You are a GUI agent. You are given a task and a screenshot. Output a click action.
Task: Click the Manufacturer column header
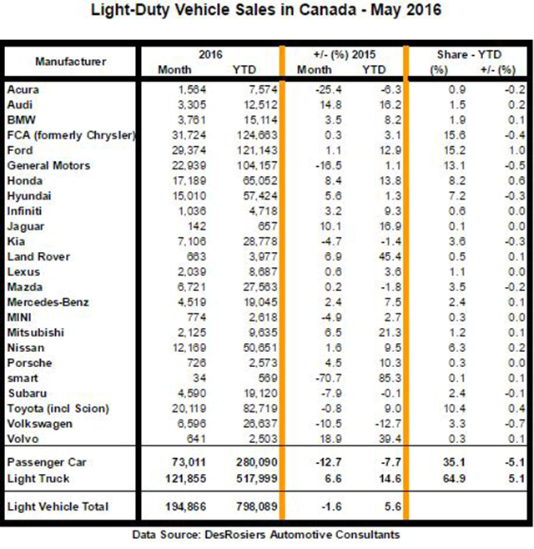coord(70,62)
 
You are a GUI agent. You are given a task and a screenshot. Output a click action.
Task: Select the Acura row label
coord(23,89)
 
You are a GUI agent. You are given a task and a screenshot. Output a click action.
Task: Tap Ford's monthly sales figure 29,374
coord(189,150)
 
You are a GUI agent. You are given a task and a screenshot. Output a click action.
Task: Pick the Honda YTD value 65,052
coord(260,181)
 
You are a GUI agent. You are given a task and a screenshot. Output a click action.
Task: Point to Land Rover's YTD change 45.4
coord(390,257)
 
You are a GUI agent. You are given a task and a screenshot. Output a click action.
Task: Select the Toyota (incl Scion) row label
coord(58,409)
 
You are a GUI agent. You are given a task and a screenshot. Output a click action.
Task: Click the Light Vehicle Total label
coord(58,506)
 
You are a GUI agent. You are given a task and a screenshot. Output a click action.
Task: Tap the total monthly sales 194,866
coord(185,506)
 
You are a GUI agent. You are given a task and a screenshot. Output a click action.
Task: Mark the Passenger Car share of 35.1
coord(454,462)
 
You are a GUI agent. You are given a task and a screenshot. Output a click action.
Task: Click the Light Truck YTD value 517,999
coord(257,479)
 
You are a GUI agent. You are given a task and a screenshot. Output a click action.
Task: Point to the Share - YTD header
coord(469,54)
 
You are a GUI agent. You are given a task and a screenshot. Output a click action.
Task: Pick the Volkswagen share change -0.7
coord(515,424)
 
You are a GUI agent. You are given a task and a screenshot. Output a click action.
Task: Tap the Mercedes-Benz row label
coord(48,302)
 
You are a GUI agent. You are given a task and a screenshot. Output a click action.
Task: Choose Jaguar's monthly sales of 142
coord(197,226)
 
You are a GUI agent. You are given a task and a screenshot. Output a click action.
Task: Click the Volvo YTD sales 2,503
coord(263,439)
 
